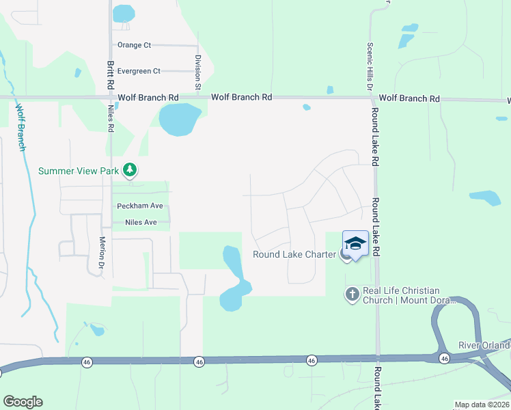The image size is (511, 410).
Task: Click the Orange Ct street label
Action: click(134, 45)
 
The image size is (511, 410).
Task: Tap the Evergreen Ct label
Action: click(138, 71)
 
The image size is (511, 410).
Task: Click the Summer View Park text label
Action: click(79, 171)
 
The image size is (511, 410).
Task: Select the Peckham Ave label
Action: click(139, 206)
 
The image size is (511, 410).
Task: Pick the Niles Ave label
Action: click(141, 223)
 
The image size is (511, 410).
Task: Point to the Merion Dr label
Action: click(102, 251)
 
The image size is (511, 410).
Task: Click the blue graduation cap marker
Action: click(355, 243)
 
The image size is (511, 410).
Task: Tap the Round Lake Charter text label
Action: click(294, 255)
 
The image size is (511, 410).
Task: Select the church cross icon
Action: click(352, 294)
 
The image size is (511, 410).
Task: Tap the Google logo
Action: click(22, 402)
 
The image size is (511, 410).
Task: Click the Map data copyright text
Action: click(482, 405)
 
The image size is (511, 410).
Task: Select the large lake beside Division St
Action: click(180, 119)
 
